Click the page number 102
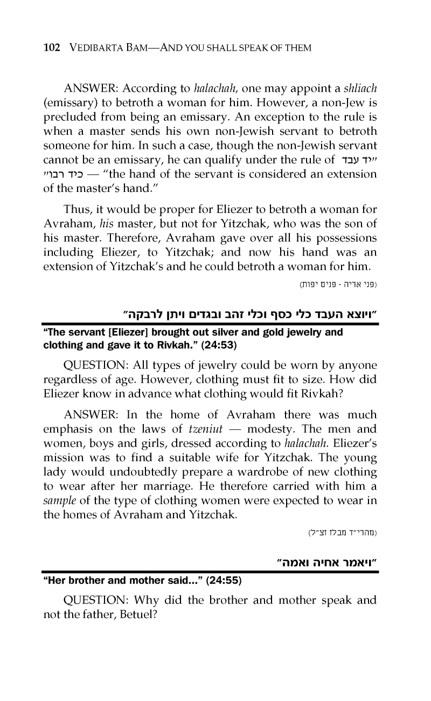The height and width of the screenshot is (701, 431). point(51,48)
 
